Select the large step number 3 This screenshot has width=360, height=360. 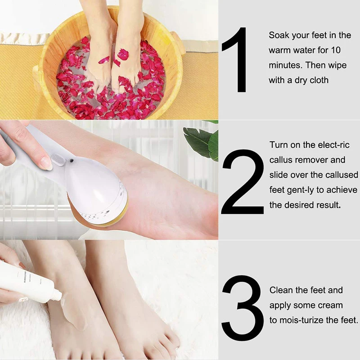click(243, 306)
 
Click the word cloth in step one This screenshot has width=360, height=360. click(319, 81)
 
